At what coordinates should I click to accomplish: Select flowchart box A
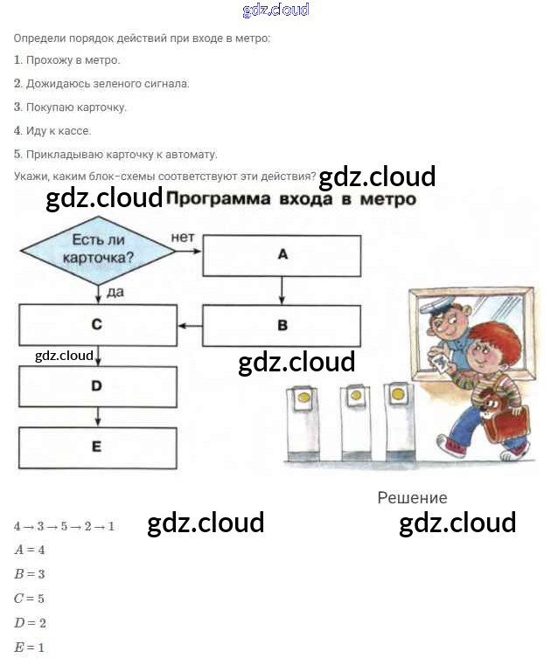point(282,254)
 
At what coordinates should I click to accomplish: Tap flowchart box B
point(282,325)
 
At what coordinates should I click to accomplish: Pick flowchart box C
point(97,324)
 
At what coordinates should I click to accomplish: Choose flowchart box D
point(97,385)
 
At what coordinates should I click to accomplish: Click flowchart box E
point(97,447)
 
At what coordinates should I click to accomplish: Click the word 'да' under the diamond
point(115,292)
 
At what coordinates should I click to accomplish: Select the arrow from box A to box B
point(282,290)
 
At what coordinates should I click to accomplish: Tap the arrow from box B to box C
point(191,325)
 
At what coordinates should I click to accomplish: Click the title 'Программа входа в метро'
point(290,199)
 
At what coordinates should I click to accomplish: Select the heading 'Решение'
point(412,498)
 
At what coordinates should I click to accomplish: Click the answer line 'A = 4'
point(30,551)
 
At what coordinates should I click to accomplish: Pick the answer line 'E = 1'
point(30,648)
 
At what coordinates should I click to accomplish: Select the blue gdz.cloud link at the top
point(275,10)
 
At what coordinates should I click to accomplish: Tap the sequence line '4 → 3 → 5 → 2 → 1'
point(65,527)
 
